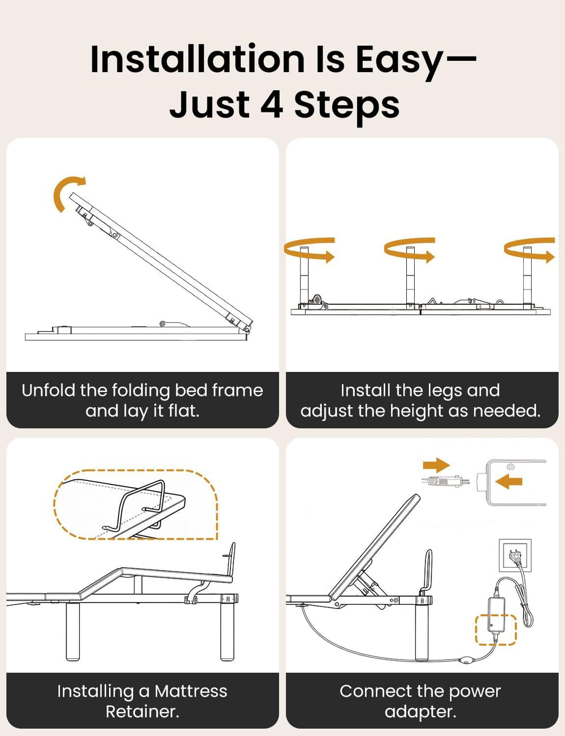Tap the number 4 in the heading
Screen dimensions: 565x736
tap(272, 104)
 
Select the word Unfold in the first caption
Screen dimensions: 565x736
tap(49, 391)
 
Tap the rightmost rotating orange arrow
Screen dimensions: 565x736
tap(529, 250)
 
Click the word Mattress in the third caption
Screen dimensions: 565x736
tap(190, 691)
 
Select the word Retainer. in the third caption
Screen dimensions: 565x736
tap(142, 712)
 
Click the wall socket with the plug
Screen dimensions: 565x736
tap(515, 555)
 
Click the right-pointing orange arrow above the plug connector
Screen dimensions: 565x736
tap(436, 465)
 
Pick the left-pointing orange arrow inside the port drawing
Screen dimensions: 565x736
tap(508, 481)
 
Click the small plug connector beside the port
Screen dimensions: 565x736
tap(445, 481)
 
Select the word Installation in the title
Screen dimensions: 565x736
tap(197, 59)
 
